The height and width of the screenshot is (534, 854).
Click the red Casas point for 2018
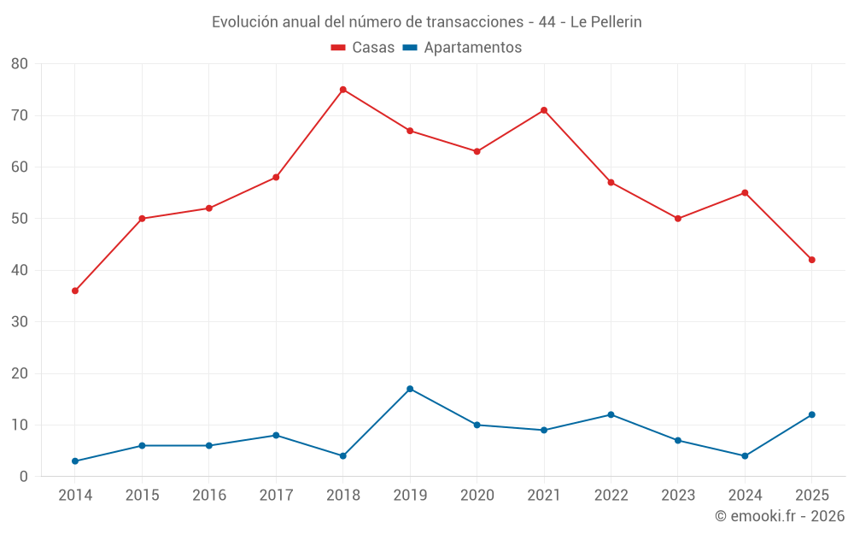(x=343, y=90)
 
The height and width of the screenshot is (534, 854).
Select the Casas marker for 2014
(x=75, y=291)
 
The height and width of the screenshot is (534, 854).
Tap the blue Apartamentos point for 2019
(x=410, y=389)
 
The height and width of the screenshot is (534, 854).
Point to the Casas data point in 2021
(x=544, y=110)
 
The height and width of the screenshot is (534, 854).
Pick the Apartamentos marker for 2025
(x=812, y=414)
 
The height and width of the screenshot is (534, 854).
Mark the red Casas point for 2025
(x=812, y=260)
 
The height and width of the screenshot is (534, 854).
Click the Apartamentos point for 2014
(x=75, y=461)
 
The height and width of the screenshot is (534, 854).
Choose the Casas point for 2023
(x=678, y=219)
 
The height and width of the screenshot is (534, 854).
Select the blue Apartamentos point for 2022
(x=611, y=414)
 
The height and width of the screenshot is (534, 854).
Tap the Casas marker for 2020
(x=477, y=151)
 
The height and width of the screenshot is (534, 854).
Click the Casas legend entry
(x=363, y=47)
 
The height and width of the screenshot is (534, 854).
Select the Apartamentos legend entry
(x=462, y=47)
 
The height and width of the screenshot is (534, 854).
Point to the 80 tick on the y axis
(x=19, y=64)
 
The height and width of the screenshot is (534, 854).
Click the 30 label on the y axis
(x=19, y=321)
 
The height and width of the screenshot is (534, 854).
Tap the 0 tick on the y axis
(x=23, y=476)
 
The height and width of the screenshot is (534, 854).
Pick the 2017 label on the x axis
(x=276, y=495)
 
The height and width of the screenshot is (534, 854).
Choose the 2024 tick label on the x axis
(x=745, y=495)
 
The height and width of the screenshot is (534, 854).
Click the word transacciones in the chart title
(x=475, y=22)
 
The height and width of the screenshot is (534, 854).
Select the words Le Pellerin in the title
(x=606, y=22)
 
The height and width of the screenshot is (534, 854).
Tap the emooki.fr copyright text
(x=780, y=515)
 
